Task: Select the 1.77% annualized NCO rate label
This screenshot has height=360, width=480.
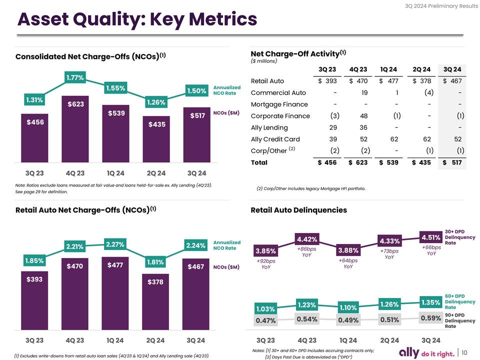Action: (x=74, y=77)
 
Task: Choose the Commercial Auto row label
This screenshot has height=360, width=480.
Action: (x=278, y=92)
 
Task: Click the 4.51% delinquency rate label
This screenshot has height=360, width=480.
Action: (x=431, y=237)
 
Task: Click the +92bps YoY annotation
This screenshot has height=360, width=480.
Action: (x=265, y=264)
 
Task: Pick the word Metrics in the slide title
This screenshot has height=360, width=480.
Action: (x=212, y=20)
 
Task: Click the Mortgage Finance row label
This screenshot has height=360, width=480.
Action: (x=279, y=104)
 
